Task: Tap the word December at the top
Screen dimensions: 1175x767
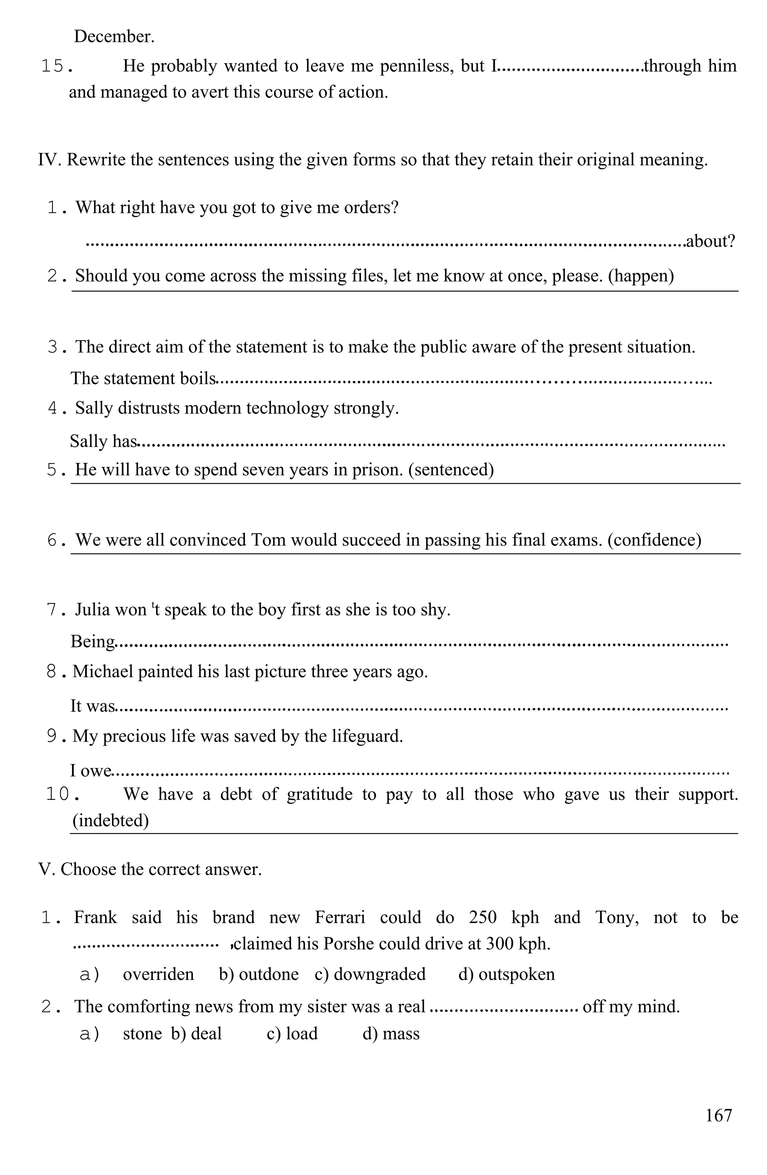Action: tap(114, 36)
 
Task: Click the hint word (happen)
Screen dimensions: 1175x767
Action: tap(641, 275)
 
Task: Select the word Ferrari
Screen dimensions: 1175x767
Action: tap(340, 917)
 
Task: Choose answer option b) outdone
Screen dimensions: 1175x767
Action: tap(259, 974)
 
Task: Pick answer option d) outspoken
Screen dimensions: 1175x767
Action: tap(506, 974)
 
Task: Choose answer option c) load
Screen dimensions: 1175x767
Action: tap(292, 1033)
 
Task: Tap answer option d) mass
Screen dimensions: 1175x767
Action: tap(391, 1033)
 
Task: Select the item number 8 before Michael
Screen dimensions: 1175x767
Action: tap(51, 672)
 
